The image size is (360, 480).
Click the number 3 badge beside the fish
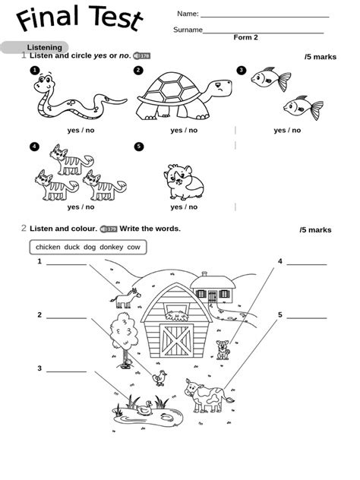[x=242, y=71]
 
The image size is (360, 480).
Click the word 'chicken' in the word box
[x=48, y=247]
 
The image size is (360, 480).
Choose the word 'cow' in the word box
[x=134, y=247]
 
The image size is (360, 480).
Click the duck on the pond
[x=142, y=410]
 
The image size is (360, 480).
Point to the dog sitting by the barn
[x=223, y=349]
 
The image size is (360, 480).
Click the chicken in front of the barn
[x=159, y=377]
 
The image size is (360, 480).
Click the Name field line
[x=264, y=16]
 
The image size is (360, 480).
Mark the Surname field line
[x=264, y=32]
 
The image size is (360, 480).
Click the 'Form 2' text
[x=245, y=37]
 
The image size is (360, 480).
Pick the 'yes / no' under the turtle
[x=184, y=130]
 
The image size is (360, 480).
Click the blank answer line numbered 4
[x=306, y=264]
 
